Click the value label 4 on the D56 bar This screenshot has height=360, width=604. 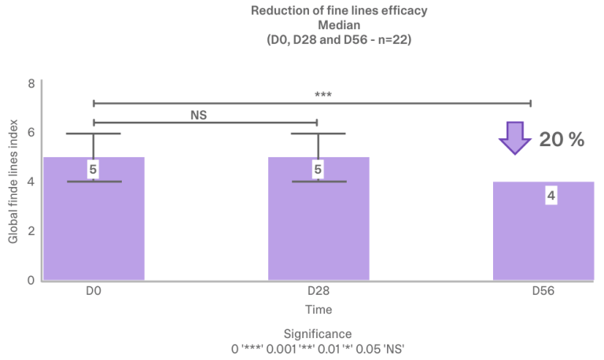coord(551,196)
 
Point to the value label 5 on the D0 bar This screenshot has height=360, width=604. coord(93,170)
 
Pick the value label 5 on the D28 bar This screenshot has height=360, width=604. coord(318,170)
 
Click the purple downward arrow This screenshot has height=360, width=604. coord(515,138)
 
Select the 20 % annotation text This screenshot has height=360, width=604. coord(562,139)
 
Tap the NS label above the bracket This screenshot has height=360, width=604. coord(198,115)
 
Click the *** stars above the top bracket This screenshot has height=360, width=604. coord(322,95)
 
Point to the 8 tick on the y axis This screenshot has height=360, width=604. coord(31,83)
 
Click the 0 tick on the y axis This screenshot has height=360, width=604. coord(31,280)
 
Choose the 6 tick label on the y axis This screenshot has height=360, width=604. coord(31,133)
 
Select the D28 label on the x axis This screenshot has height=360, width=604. coord(319,291)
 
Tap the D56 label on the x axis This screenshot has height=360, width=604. coord(543,291)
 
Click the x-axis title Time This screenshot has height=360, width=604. coord(319,310)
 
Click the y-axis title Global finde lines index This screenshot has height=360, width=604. coord(13,182)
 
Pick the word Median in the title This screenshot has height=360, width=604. coord(339,25)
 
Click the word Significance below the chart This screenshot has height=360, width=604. coord(318,334)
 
